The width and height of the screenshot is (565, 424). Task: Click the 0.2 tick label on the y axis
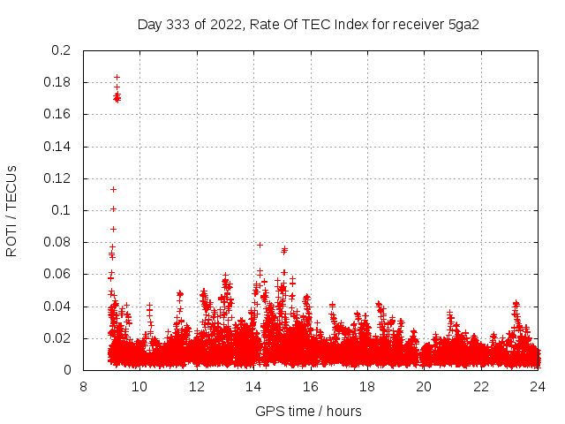[x=61, y=50]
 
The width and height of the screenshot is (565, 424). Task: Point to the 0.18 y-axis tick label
[x=57, y=82]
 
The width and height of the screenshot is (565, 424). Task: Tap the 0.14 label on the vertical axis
[x=57, y=147]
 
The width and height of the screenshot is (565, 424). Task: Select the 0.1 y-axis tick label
[x=61, y=210]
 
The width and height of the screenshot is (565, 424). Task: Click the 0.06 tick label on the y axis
[x=57, y=274]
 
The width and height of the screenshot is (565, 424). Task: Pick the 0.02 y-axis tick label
[x=57, y=338]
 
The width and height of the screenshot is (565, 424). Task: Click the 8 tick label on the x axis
[x=83, y=386]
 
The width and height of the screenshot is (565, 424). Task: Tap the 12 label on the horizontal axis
[x=197, y=386]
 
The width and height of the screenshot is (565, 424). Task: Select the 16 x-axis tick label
[x=311, y=386]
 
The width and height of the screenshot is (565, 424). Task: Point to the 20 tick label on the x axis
[x=424, y=386]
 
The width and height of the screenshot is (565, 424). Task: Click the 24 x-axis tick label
[x=538, y=386]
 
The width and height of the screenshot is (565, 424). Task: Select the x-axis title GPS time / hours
[x=309, y=411]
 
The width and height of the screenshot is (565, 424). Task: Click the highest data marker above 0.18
[x=117, y=78]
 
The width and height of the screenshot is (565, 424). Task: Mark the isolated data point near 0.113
[x=113, y=189]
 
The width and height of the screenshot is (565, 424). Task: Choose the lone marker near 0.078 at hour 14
[x=260, y=245]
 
